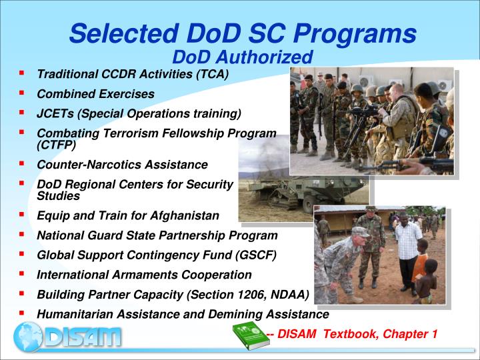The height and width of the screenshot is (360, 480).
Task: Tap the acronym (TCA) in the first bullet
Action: pyautogui.click(x=211, y=74)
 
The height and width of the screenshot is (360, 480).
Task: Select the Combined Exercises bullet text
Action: pyautogui.click(x=95, y=94)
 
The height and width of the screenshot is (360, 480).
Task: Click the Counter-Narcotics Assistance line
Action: pyautogui.click(x=122, y=165)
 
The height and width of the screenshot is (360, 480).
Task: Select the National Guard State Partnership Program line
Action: pyautogui.click(x=157, y=235)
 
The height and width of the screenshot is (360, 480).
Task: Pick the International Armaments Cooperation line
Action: pyautogui.click(x=144, y=275)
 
